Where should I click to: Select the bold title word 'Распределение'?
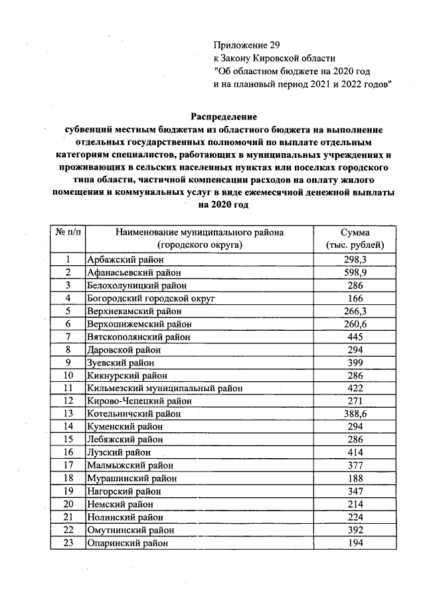[x=223, y=117]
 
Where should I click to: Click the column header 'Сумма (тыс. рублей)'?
[x=359, y=239]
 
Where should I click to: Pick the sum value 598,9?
[x=359, y=272]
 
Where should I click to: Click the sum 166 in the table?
[x=359, y=298]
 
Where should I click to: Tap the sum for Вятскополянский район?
[x=359, y=337]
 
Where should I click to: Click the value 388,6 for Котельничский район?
[x=359, y=414]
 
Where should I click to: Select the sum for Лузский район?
[x=359, y=452]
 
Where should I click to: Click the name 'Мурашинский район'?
[x=131, y=478]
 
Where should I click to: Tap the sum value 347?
[x=359, y=491]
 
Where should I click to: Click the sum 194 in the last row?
[x=359, y=542]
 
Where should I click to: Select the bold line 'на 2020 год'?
[x=223, y=206]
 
